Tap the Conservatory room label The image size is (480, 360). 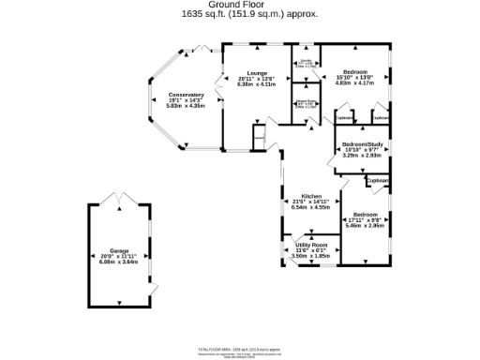click(x=186, y=95)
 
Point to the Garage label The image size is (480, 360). click(x=119, y=250)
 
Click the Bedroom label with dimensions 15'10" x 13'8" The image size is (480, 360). click(x=354, y=72)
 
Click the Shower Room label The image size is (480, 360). click(x=306, y=102)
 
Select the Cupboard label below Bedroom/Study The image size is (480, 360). click(x=379, y=180)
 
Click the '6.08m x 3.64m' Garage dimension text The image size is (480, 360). click(x=119, y=262)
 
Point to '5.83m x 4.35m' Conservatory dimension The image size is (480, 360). click(x=186, y=106)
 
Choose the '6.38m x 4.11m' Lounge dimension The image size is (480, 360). click(x=257, y=83)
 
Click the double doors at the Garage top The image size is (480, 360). click(x=118, y=199)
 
